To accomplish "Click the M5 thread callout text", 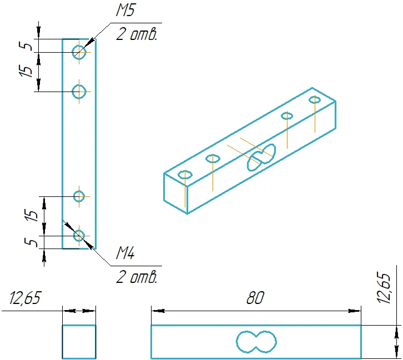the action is [125, 11].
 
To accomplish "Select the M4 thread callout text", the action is [125, 253].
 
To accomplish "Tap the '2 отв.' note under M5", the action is [136, 34].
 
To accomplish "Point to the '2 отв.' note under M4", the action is [136, 277].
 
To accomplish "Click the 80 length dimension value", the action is [255, 298].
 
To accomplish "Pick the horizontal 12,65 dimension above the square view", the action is [25, 298].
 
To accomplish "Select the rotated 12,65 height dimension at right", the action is [385, 288].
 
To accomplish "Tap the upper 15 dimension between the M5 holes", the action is [26, 71].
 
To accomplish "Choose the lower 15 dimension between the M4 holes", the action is [31, 215].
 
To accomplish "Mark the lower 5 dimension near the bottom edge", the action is [31, 242].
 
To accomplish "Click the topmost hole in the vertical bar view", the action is [79, 52].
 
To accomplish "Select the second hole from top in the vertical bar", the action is [79, 92].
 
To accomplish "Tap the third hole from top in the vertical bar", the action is [79, 196].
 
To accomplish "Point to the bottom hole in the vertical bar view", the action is [79, 236].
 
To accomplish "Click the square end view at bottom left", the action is [79, 342].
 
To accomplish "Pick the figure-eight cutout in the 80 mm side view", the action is [256, 342].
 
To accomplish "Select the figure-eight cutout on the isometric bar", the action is [261, 158].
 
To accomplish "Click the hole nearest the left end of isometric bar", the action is [185, 175].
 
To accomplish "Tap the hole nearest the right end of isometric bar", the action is [315, 100].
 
